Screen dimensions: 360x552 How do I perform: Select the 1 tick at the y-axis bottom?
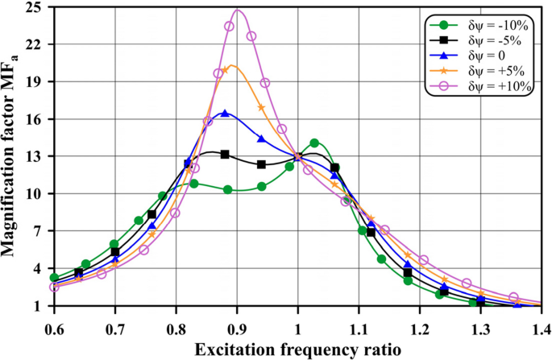38,306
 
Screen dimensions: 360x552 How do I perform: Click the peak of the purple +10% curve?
238,10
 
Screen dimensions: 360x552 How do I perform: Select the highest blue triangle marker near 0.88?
225,114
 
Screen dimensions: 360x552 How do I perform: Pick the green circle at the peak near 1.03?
314,143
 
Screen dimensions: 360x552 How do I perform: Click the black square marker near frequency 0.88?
225,154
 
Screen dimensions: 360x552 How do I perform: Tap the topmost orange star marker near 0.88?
226,69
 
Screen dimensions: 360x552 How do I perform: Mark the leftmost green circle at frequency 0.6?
54,278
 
